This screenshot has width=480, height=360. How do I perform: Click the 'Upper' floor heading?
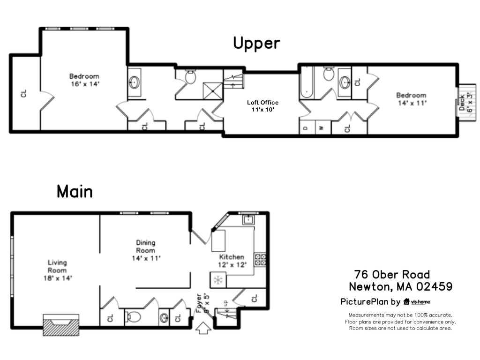pos(256,43)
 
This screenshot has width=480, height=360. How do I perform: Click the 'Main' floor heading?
pos(75,191)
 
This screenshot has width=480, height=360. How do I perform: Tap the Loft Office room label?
pos(262,105)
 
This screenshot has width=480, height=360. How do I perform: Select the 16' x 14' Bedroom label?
pos(84,80)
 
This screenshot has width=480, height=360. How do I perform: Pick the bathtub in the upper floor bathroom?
pos(306,82)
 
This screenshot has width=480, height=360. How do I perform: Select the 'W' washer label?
pos(322,127)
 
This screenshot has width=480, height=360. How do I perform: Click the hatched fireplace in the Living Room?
pos(60,324)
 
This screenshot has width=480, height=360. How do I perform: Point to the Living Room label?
pos(57,270)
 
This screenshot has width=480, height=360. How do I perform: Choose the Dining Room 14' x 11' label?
pos(145,250)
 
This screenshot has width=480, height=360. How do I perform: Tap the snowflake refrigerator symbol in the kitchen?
pos(217,280)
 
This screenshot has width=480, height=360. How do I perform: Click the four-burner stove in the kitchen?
pos(260,260)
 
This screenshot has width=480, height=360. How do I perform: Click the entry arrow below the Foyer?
pos(202,328)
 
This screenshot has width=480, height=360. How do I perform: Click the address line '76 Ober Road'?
pos(392,274)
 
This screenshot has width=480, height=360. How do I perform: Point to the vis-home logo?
pos(417,302)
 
